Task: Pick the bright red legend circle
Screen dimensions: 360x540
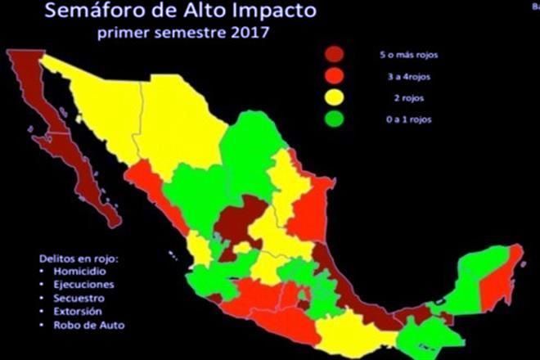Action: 335,76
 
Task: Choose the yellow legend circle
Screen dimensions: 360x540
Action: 335,97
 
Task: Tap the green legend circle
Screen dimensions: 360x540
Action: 335,119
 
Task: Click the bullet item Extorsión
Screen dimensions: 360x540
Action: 61,312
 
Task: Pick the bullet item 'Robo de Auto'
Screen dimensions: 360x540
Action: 67,326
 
